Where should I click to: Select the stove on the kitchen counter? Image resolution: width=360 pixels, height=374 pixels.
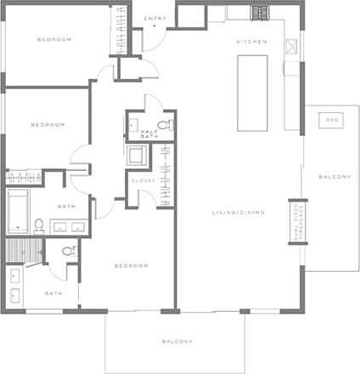[260, 14]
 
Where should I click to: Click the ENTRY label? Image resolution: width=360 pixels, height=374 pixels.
[155, 18]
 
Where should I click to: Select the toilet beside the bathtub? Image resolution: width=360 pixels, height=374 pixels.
[39, 226]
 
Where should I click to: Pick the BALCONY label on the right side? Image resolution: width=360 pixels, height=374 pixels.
[335, 176]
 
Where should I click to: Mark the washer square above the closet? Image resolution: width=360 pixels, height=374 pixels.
[136, 156]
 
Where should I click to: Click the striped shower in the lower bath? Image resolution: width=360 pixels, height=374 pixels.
[22, 250]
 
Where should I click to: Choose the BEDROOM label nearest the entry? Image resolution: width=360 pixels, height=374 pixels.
[54, 39]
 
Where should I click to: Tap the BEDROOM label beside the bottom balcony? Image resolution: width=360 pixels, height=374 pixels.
[132, 265]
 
